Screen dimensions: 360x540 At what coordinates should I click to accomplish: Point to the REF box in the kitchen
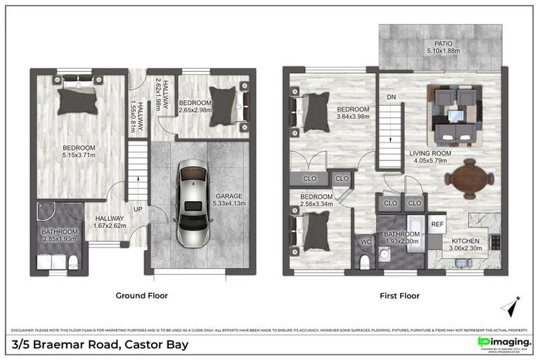click(437, 224)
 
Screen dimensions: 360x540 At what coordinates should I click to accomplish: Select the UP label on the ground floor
click(140, 210)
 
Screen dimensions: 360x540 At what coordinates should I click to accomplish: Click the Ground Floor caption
click(141, 296)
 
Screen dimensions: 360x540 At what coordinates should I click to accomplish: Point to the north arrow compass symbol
click(511, 307)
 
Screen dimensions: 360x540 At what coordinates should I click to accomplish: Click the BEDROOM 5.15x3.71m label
click(79, 152)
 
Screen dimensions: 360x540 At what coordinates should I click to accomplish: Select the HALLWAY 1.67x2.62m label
click(110, 222)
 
